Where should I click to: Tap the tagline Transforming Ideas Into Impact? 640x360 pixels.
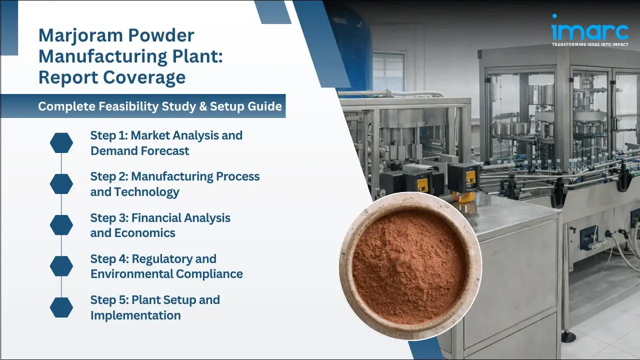[x=589, y=44]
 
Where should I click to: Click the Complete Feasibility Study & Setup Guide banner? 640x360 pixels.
[x=160, y=106]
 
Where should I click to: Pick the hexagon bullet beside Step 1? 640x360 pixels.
[x=61, y=143]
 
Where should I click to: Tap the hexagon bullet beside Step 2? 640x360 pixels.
[x=61, y=184]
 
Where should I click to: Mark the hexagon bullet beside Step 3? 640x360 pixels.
[x=61, y=225]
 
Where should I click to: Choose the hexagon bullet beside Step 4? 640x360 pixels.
[x=61, y=266]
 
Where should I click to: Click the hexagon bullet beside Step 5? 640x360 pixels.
[x=61, y=307]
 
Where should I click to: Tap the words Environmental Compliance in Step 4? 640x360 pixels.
[x=166, y=274]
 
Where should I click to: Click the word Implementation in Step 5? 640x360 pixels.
[x=135, y=315]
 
